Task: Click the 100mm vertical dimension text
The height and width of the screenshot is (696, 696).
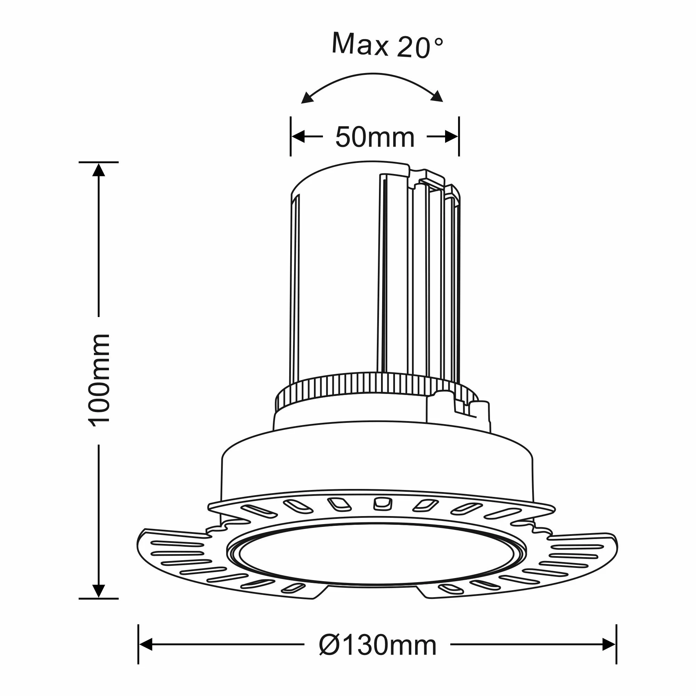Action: pos(99,380)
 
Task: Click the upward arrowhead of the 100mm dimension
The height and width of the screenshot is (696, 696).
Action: pos(99,170)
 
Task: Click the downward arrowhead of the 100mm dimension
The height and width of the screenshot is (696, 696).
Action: pos(99,590)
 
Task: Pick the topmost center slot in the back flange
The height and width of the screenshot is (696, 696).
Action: pos(382,503)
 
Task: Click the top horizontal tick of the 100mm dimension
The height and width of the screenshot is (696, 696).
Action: pos(99,162)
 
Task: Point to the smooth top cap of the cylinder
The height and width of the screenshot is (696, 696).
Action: pos(346,176)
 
